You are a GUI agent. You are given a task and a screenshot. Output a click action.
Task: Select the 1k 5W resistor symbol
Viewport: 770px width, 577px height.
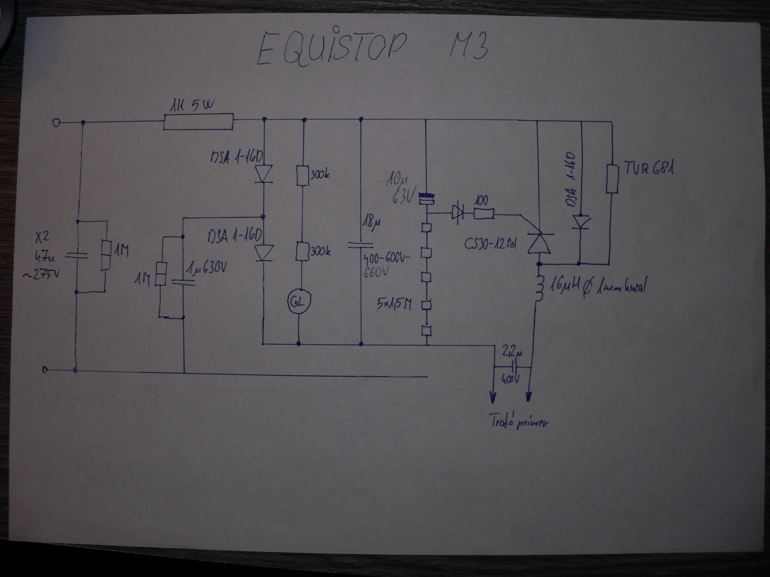click(x=198, y=121)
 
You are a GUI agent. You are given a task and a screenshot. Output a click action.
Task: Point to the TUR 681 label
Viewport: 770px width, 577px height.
click(x=648, y=169)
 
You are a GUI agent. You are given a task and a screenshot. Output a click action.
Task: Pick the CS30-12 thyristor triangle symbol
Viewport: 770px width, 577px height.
click(x=539, y=243)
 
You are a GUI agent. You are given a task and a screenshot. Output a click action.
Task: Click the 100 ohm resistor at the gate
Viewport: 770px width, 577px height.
click(x=484, y=214)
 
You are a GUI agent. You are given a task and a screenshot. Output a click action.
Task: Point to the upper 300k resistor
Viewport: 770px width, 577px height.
click(x=302, y=176)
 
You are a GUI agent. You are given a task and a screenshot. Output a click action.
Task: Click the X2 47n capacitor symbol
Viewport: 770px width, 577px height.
click(x=77, y=255)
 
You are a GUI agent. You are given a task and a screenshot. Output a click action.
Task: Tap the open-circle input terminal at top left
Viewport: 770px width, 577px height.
click(x=56, y=123)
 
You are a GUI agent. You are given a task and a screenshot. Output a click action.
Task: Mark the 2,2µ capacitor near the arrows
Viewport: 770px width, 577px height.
click(x=513, y=366)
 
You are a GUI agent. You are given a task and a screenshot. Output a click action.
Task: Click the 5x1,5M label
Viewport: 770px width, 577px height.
click(x=394, y=305)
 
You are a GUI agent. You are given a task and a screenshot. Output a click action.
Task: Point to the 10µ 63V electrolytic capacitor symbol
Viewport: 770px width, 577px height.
click(x=427, y=199)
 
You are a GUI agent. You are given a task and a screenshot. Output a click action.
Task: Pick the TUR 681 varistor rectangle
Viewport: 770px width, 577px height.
click(x=612, y=179)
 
